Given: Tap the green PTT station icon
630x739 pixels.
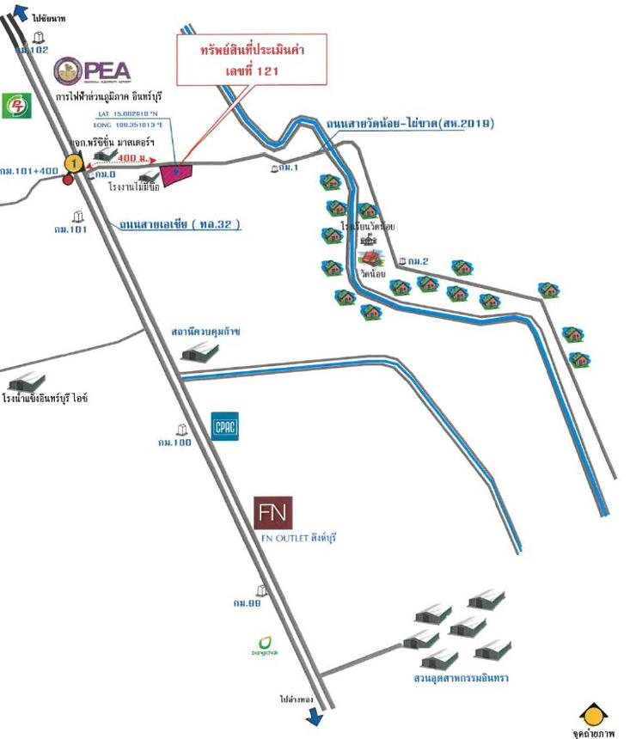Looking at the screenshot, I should tap(15, 105).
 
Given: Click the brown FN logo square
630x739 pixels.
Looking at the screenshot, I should tap(275, 513).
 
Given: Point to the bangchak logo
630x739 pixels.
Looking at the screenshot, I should tap(264, 645).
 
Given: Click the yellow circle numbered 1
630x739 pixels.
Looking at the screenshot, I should tap(76, 161).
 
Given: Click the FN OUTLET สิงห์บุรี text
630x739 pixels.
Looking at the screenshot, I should tap(297, 538).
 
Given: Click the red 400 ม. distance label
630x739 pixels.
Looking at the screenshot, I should tap(133, 158).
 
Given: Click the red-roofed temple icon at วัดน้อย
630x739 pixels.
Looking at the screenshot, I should tap(370, 258).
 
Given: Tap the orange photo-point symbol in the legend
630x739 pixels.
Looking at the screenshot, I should tap(594, 714).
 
